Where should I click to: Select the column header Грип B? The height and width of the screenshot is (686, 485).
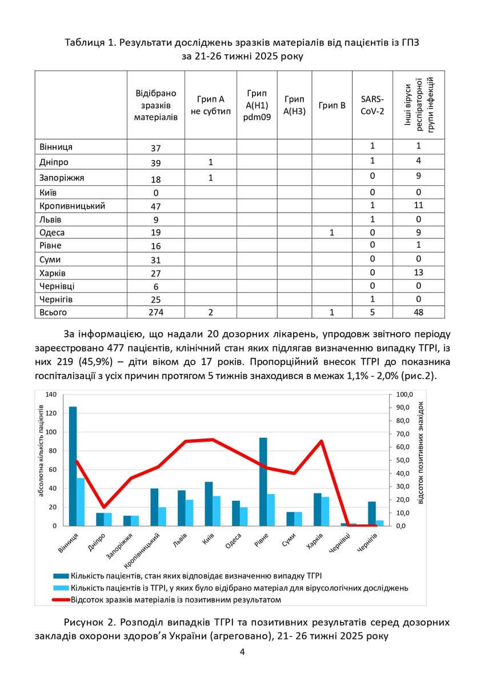point(332,105)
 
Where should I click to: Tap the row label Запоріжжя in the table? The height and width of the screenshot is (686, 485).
point(62,178)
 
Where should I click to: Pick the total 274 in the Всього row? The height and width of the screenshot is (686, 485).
point(156,313)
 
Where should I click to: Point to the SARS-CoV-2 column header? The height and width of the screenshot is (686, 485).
point(372,105)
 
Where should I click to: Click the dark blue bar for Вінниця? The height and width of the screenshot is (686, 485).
point(73,466)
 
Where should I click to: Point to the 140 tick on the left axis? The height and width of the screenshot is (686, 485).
point(51,395)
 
